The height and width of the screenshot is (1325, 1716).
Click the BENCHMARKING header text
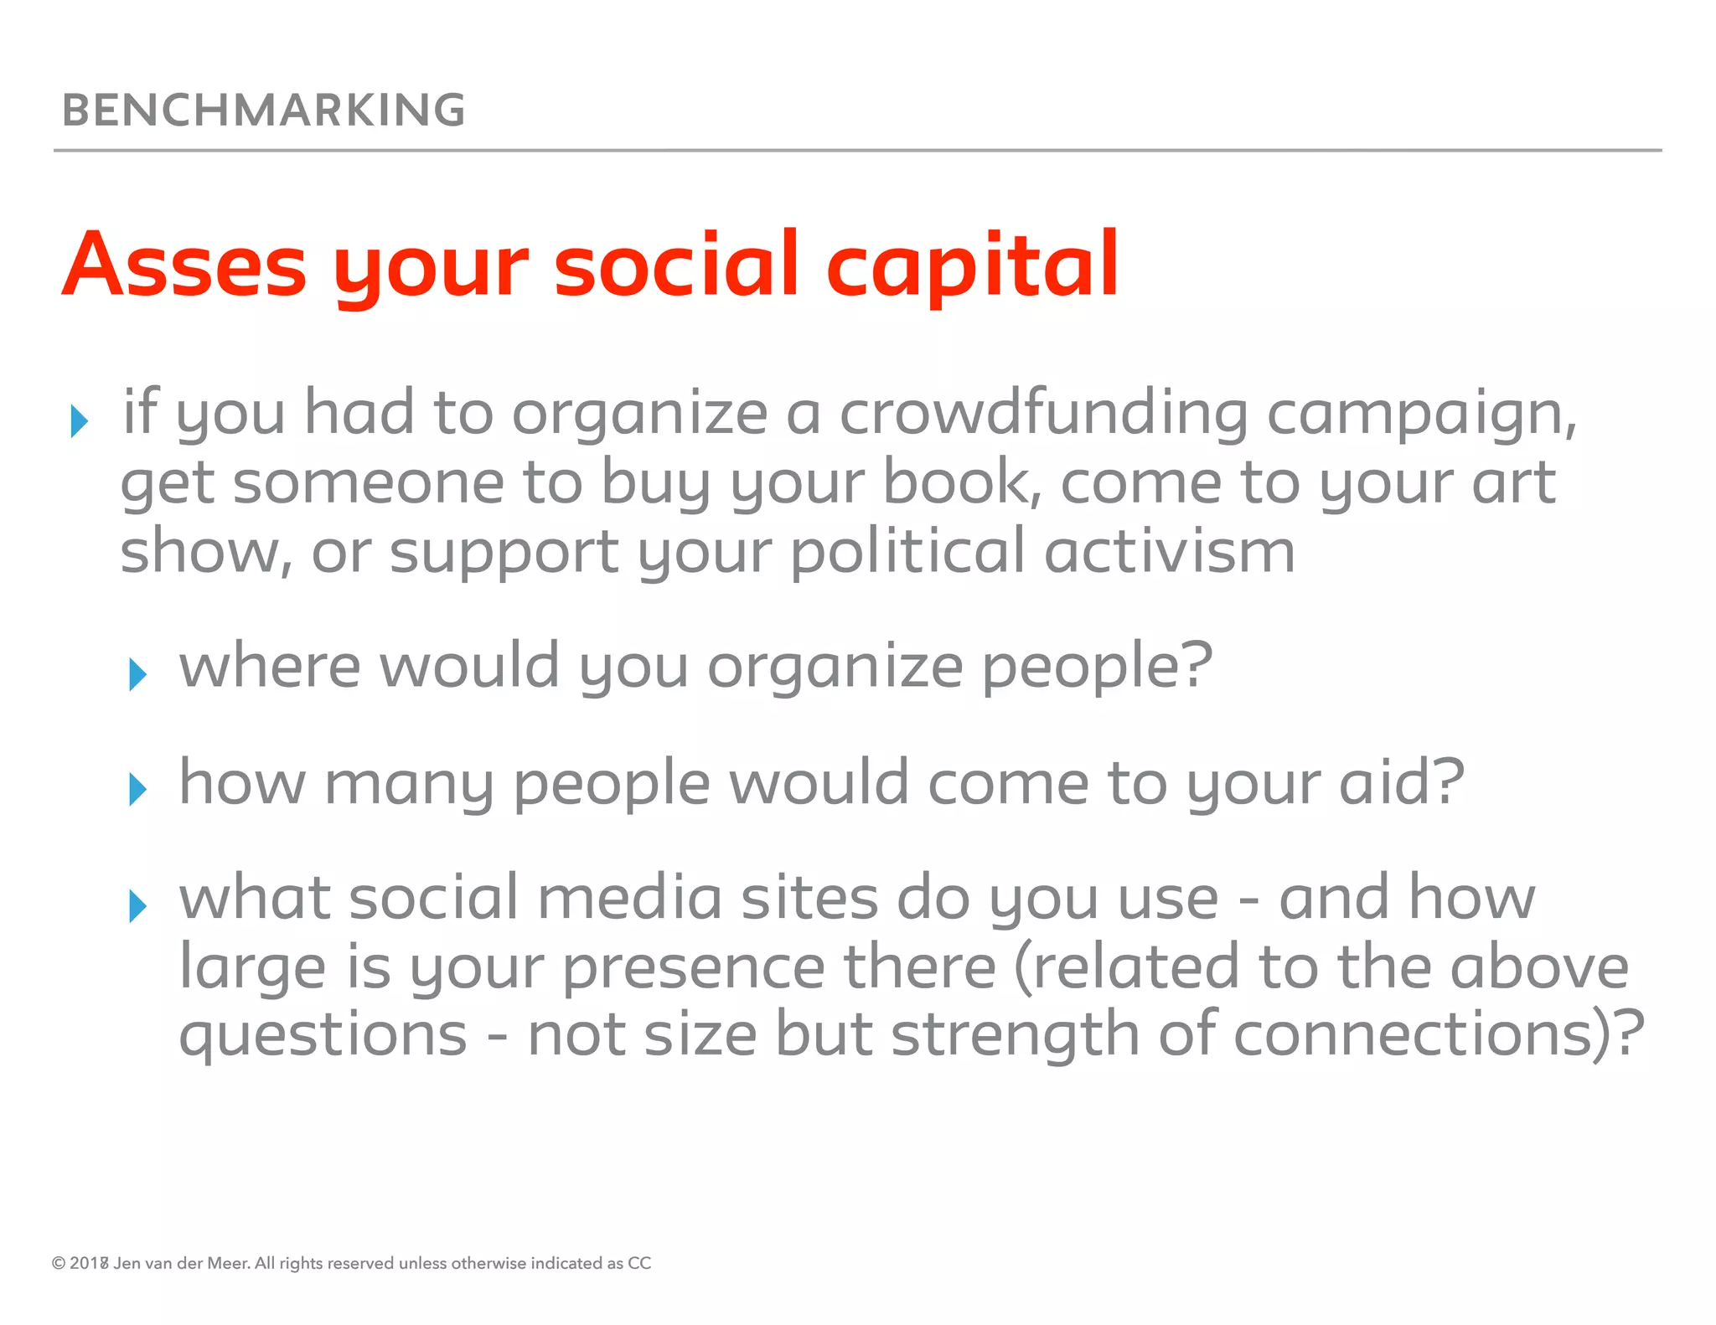(x=263, y=111)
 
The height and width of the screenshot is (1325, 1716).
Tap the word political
(x=907, y=554)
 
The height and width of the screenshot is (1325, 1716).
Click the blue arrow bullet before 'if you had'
(x=80, y=420)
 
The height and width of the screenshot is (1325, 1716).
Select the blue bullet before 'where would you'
(x=138, y=673)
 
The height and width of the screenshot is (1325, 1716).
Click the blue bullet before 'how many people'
(x=138, y=789)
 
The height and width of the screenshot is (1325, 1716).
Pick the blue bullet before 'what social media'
(x=138, y=905)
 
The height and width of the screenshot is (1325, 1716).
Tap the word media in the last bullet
(x=629, y=898)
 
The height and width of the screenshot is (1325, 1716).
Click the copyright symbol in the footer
(x=59, y=1263)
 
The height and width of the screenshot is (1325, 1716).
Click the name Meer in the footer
(x=227, y=1263)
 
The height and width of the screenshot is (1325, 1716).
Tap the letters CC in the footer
(x=639, y=1263)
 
